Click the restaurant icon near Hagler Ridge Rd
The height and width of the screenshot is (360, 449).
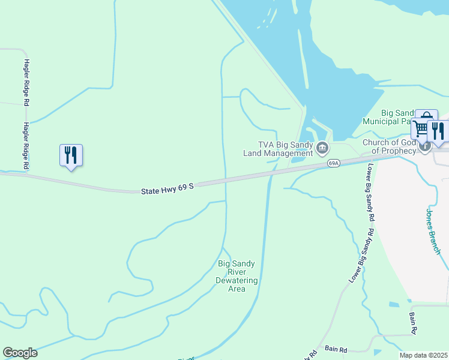pos(71,155)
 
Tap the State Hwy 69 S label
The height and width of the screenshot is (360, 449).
pos(167,189)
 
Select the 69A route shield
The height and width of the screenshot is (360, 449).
pos(334,163)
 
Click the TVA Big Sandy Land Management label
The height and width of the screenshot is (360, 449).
pos(278,148)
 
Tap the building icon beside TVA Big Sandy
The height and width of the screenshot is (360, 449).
pos(323,148)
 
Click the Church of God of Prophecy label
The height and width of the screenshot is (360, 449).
pos(389,146)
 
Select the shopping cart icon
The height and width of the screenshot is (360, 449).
pos(420,128)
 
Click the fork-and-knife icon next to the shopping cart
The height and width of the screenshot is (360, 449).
pos(438,131)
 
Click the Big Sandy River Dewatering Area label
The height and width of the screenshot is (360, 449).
pos(237,276)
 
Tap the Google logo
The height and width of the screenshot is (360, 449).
pos(20,352)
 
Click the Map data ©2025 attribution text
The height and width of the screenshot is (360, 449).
pos(423,355)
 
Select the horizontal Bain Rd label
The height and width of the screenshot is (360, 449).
pos(336,349)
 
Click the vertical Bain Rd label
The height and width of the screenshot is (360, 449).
pos(414,323)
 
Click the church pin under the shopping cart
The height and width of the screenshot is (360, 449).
pos(425,146)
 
